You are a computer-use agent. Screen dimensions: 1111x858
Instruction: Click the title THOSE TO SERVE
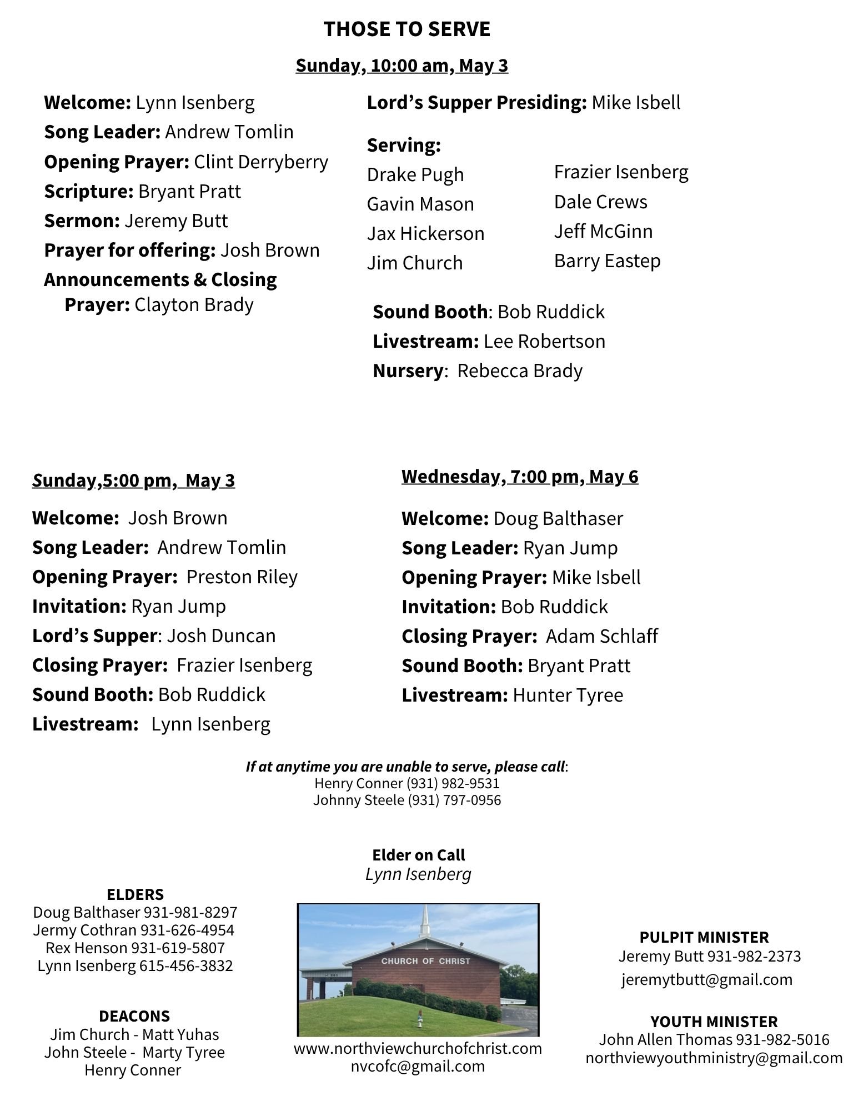[407, 29]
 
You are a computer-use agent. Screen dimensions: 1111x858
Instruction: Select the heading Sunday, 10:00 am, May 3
[402, 66]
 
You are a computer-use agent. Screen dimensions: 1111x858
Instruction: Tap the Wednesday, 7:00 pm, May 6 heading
[520, 477]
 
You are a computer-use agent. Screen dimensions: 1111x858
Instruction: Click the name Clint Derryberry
[261, 162]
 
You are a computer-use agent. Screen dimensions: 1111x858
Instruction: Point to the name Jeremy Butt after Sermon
[176, 221]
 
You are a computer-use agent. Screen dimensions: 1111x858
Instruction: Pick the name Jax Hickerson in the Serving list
[425, 233]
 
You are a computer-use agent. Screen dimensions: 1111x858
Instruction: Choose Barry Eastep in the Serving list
[607, 261]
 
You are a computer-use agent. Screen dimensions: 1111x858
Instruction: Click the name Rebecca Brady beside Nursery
[520, 371]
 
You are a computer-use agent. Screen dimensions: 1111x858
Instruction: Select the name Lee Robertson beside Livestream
[544, 341]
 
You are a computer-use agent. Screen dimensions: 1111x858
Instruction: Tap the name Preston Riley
[242, 577]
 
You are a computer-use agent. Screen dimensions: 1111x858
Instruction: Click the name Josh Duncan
[221, 635]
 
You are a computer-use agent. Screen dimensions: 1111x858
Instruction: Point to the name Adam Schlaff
[602, 636]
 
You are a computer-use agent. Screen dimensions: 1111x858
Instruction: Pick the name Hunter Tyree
[568, 695]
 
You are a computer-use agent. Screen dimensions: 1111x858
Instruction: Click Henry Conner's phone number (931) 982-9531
[453, 783]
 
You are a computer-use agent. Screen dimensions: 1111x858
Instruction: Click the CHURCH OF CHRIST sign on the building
[425, 960]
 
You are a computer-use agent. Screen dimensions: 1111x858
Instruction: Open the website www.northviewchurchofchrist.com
[418, 1048]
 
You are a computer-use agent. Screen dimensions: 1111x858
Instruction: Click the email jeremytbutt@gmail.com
[706, 979]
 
